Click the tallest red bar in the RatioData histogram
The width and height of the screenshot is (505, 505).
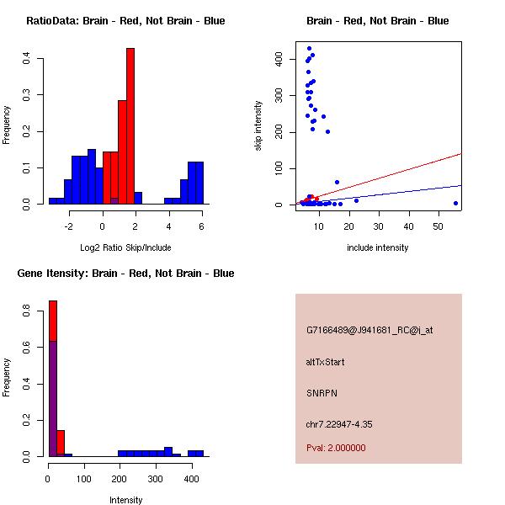[130, 126]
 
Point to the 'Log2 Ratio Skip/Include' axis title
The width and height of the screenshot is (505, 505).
[125, 247]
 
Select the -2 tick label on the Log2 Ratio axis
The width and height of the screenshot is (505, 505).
[70, 226]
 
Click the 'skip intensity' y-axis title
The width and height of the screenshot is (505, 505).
[258, 125]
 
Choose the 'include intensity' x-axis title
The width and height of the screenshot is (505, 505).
[378, 247]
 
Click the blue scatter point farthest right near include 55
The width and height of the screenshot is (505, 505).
[455, 203]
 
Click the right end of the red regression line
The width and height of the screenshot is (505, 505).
[462, 153]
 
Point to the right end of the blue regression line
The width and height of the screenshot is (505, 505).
[462, 185]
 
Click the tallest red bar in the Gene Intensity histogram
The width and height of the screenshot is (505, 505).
[53, 378]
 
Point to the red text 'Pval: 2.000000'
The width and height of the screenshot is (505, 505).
[336, 448]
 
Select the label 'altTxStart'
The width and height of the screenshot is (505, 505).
[326, 362]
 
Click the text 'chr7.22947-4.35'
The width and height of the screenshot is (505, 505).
[339, 424]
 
